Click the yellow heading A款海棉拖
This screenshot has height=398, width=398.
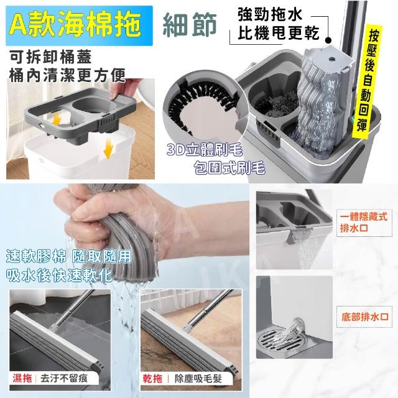click(76, 25)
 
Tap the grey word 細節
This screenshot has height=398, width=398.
click(189, 25)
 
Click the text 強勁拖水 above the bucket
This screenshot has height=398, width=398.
click(270, 15)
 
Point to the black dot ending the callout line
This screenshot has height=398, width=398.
click(328, 40)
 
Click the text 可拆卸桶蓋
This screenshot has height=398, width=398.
click(51, 57)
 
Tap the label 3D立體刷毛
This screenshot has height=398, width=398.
click(205, 150)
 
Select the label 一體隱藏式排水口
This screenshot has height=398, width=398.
click(364, 223)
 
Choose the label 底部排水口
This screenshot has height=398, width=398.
click(365, 317)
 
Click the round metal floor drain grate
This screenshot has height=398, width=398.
click(278, 341)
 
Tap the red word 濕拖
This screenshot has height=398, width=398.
click(22, 378)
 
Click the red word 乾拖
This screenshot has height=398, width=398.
click(152, 379)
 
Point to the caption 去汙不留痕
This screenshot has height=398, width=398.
click(64, 379)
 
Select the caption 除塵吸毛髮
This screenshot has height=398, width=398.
click(198, 379)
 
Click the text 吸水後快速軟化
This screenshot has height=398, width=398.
click(60, 275)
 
